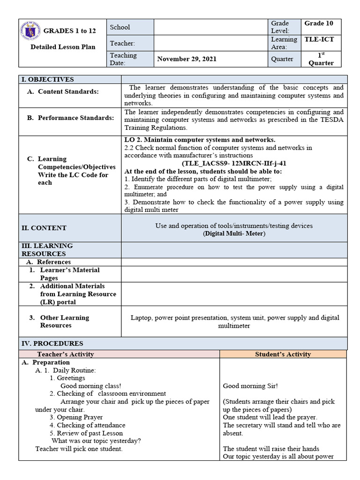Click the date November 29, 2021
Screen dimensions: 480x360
point(187,59)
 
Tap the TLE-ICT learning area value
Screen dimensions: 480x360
point(319,40)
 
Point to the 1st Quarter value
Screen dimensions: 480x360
point(321,59)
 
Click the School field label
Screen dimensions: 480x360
point(120,27)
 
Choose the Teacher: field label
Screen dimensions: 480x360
point(122,43)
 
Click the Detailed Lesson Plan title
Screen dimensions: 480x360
point(63,47)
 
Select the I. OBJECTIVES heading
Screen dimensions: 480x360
point(46,79)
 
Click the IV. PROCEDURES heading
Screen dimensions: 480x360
point(52,344)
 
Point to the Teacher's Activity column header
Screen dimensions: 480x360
point(65,354)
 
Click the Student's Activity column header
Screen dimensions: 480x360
point(283,354)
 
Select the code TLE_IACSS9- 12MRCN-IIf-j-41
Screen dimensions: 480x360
point(234,163)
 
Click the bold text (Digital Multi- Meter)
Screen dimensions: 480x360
point(234,233)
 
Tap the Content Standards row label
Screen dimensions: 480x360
point(68,91)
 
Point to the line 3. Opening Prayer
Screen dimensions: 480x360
point(76,417)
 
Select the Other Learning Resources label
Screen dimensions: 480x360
point(64,322)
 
